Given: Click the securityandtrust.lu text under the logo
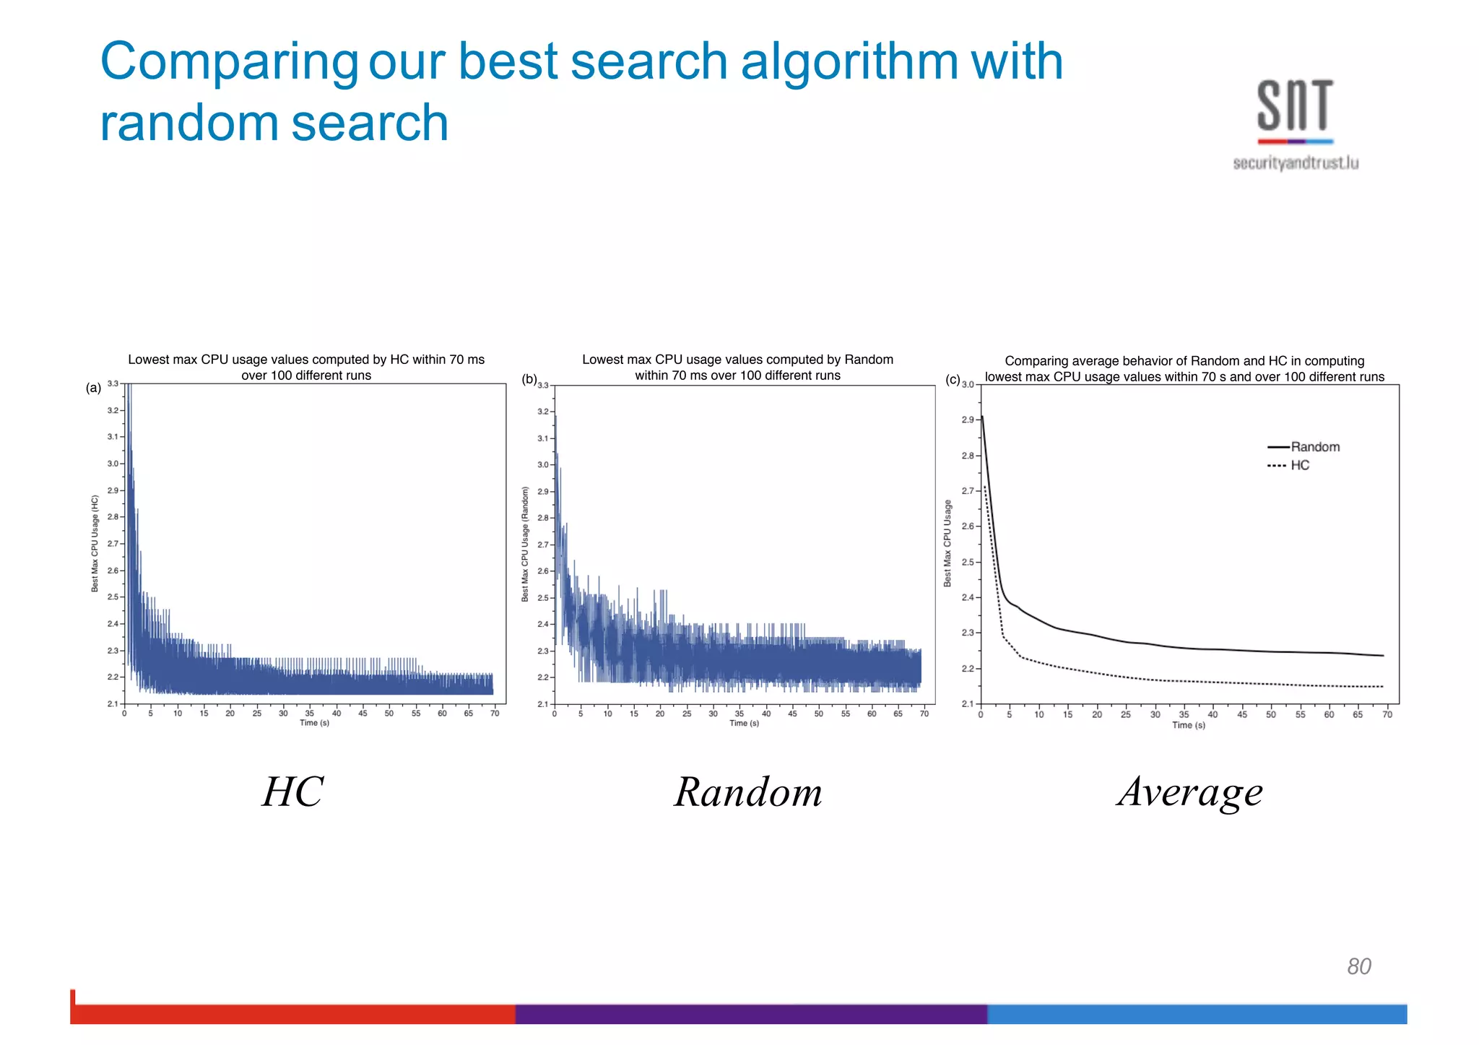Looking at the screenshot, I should (x=1296, y=163).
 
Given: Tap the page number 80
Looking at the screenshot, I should (x=1358, y=966).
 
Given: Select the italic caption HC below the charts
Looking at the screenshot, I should (x=292, y=792).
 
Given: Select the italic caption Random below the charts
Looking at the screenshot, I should (x=748, y=792).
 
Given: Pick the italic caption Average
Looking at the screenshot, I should (x=1190, y=792).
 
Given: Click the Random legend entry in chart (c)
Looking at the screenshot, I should (x=1314, y=447).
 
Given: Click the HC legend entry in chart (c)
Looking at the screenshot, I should (x=1299, y=466).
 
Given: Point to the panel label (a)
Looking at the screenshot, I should (x=93, y=388).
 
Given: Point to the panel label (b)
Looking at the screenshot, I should (x=529, y=379).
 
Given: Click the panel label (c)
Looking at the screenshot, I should (x=953, y=379).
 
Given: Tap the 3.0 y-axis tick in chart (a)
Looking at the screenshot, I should (x=113, y=464).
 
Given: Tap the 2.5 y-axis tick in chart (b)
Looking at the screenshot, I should (x=543, y=598).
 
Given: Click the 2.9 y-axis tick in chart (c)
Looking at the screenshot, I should (x=968, y=420).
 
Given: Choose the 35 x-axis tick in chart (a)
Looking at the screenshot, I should (x=310, y=714).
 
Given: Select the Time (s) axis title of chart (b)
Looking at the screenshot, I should (x=744, y=724).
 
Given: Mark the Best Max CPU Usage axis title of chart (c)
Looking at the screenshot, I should (x=947, y=543).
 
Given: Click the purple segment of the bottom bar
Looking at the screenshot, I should (x=751, y=1014).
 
